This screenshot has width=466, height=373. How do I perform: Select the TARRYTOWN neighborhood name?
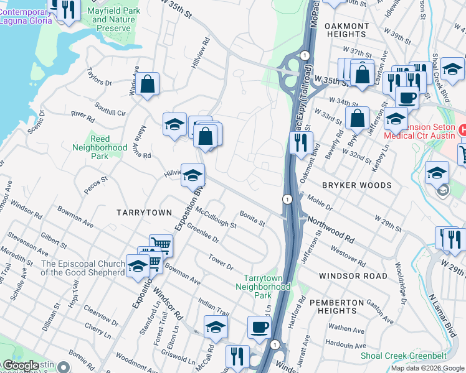coord(144,213)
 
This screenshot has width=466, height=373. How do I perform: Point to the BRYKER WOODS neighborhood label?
coord(356,185)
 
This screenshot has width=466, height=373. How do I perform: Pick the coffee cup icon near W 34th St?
coord(407,97)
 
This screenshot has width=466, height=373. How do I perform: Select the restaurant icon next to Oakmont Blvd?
coord(301,142)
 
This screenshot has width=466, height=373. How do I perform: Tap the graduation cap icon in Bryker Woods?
coord(437,172)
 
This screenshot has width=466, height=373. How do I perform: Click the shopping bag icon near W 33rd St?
coord(358,117)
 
